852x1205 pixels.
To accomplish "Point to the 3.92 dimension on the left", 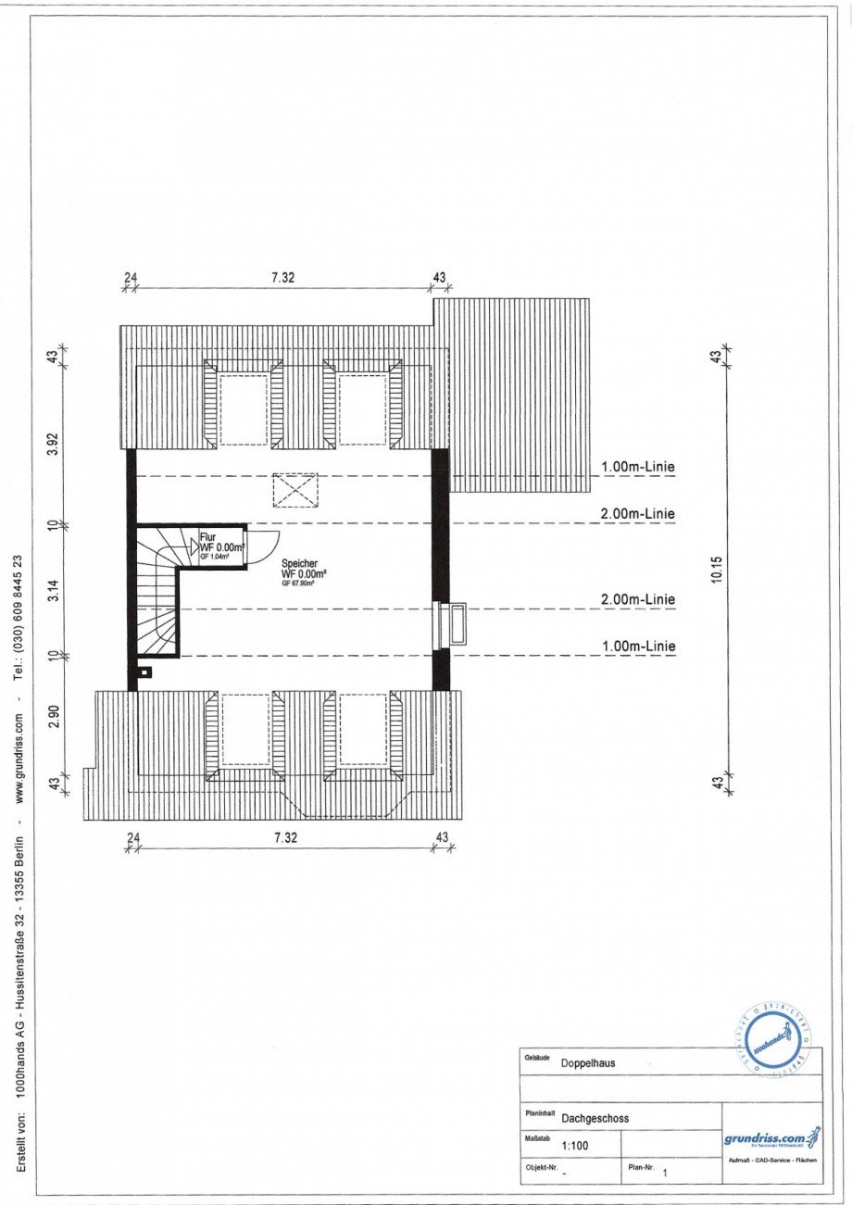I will (53, 444).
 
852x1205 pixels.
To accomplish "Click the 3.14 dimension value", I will (53, 590).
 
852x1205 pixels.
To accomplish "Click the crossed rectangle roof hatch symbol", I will (295, 490).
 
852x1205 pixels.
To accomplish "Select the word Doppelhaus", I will (588, 1063).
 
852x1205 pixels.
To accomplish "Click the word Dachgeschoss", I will (595, 1118).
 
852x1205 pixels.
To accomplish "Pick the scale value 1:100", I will (574, 1146).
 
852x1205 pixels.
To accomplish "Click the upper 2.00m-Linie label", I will (638, 514).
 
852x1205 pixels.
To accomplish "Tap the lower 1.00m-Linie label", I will (638, 646).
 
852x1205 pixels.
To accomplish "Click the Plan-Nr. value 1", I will (663, 1172).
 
